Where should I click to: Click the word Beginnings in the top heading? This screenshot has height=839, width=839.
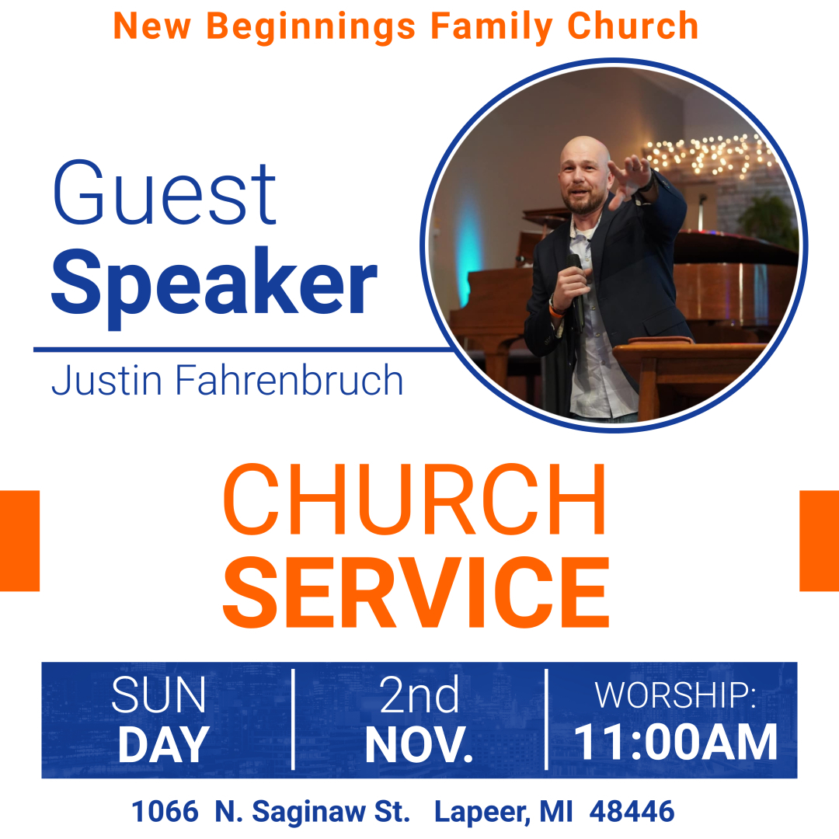(x=311, y=27)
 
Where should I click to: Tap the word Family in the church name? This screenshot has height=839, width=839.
(x=491, y=27)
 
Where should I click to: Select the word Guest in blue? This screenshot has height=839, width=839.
(x=165, y=193)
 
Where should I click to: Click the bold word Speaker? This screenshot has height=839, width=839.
(x=214, y=284)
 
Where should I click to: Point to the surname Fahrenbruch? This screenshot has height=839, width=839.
(x=289, y=380)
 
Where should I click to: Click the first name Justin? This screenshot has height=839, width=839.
(x=106, y=380)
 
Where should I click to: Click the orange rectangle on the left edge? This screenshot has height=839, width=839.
(x=19, y=541)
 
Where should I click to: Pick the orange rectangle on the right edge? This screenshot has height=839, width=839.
(x=820, y=541)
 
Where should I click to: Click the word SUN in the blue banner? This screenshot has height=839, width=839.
(x=158, y=695)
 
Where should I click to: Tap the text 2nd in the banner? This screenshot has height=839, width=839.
(x=419, y=695)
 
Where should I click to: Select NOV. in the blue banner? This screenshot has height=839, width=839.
(x=419, y=744)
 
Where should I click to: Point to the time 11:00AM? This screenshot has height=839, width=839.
(x=675, y=742)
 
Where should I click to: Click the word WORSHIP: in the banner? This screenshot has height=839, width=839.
(x=675, y=695)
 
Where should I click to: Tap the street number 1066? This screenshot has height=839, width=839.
(x=165, y=811)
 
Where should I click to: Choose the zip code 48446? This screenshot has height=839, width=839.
(x=632, y=811)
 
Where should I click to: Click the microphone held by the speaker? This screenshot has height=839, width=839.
(x=576, y=289)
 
